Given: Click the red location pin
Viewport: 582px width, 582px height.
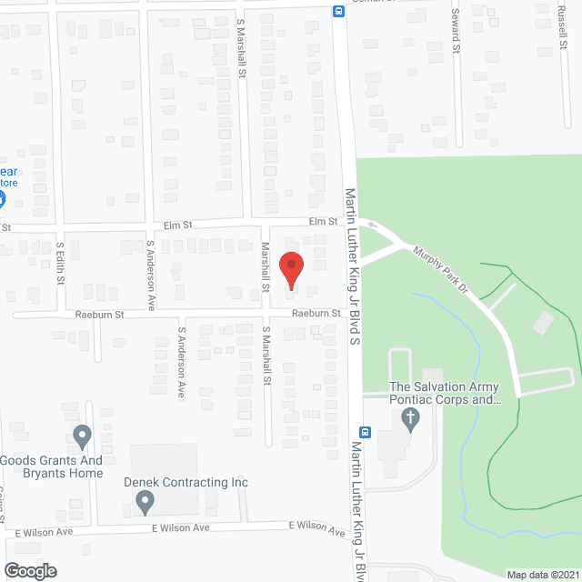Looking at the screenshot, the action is click(x=291, y=267).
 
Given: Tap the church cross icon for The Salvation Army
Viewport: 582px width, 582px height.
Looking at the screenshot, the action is click(x=410, y=419).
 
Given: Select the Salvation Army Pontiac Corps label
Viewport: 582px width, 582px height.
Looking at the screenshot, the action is click(x=446, y=393).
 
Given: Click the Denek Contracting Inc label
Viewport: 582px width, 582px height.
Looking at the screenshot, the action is click(x=174, y=482).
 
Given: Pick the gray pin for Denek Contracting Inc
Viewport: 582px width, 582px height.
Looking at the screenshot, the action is click(x=145, y=501).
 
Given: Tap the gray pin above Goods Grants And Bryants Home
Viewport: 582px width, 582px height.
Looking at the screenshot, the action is click(x=83, y=437).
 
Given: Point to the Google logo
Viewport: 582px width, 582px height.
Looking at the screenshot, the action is click(x=29, y=570).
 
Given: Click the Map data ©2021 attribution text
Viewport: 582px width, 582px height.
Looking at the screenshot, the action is click(x=543, y=575).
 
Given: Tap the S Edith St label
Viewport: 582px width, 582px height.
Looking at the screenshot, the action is click(x=60, y=263).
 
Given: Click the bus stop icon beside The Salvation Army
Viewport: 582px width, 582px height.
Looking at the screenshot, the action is click(x=365, y=432).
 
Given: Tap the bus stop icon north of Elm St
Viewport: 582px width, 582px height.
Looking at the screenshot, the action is click(x=337, y=12).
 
